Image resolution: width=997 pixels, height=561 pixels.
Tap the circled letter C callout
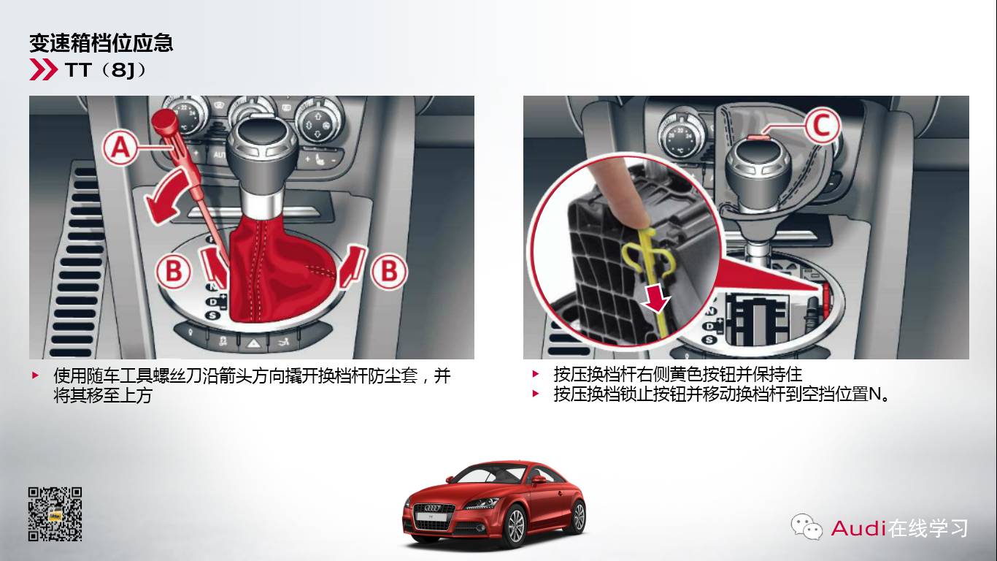click(822, 126)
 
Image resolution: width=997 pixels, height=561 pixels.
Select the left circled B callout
click(174, 272)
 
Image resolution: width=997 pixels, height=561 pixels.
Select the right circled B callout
click(389, 272)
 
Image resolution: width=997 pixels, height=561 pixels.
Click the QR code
click(55, 514)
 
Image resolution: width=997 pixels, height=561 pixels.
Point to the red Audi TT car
click(494, 503)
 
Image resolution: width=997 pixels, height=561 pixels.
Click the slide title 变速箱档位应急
click(101, 43)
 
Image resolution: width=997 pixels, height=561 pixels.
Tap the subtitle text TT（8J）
click(106, 71)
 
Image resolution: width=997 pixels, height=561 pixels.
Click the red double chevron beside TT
click(43, 70)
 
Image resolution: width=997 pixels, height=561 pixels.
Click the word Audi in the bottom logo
click(858, 527)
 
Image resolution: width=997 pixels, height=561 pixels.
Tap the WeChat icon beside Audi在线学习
click(807, 526)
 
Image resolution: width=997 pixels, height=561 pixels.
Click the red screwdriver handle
click(163, 122)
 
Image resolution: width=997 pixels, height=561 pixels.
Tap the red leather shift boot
click(281, 270)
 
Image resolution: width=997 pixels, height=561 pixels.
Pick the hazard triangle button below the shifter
click(253, 341)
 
